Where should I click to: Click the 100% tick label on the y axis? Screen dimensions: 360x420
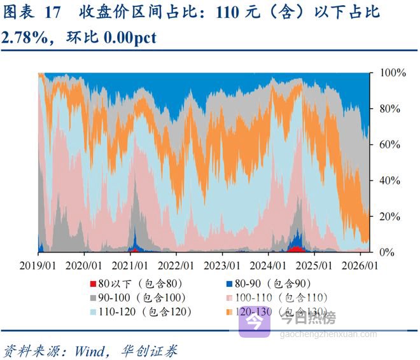tap(393, 73)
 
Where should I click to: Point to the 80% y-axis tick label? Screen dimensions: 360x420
tap(391, 109)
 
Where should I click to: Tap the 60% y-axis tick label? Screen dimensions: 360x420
tap(391, 145)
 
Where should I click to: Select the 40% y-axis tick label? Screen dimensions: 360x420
tap(391, 181)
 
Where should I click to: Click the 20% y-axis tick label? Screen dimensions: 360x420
tap(391, 217)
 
